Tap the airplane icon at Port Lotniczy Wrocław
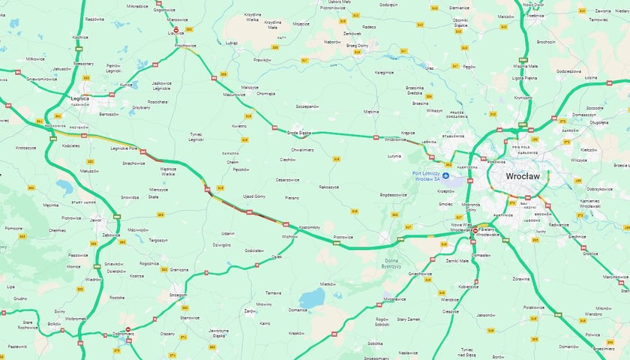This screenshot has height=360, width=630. (x=446, y=176)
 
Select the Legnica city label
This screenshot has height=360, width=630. (x=79, y=98)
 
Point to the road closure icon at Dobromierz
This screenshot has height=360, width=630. (x=127, y=329)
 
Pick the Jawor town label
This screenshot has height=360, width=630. (x=96, y=220)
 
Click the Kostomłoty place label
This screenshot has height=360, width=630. (x=310, y=226)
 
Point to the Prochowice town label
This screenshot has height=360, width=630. (x=184, y=46)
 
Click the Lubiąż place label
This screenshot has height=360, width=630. (x=230, y=43)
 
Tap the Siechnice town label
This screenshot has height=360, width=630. (x=577, y=236)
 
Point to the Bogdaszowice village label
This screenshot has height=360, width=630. (x=392, y=194)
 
